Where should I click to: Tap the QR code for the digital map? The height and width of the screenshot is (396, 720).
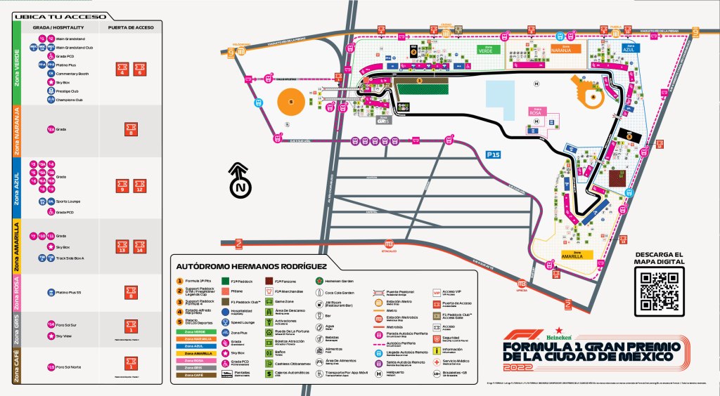tap(658, 291)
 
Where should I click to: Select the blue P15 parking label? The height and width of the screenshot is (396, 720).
tap(492, 153)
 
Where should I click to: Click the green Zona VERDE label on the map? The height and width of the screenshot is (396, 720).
tap(486, 49)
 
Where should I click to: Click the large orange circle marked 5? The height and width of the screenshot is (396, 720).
tap(290, 103)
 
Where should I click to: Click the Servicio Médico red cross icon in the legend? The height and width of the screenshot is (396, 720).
tap(437, 362)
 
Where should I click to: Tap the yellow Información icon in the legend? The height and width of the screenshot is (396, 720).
tap(437, 349)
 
